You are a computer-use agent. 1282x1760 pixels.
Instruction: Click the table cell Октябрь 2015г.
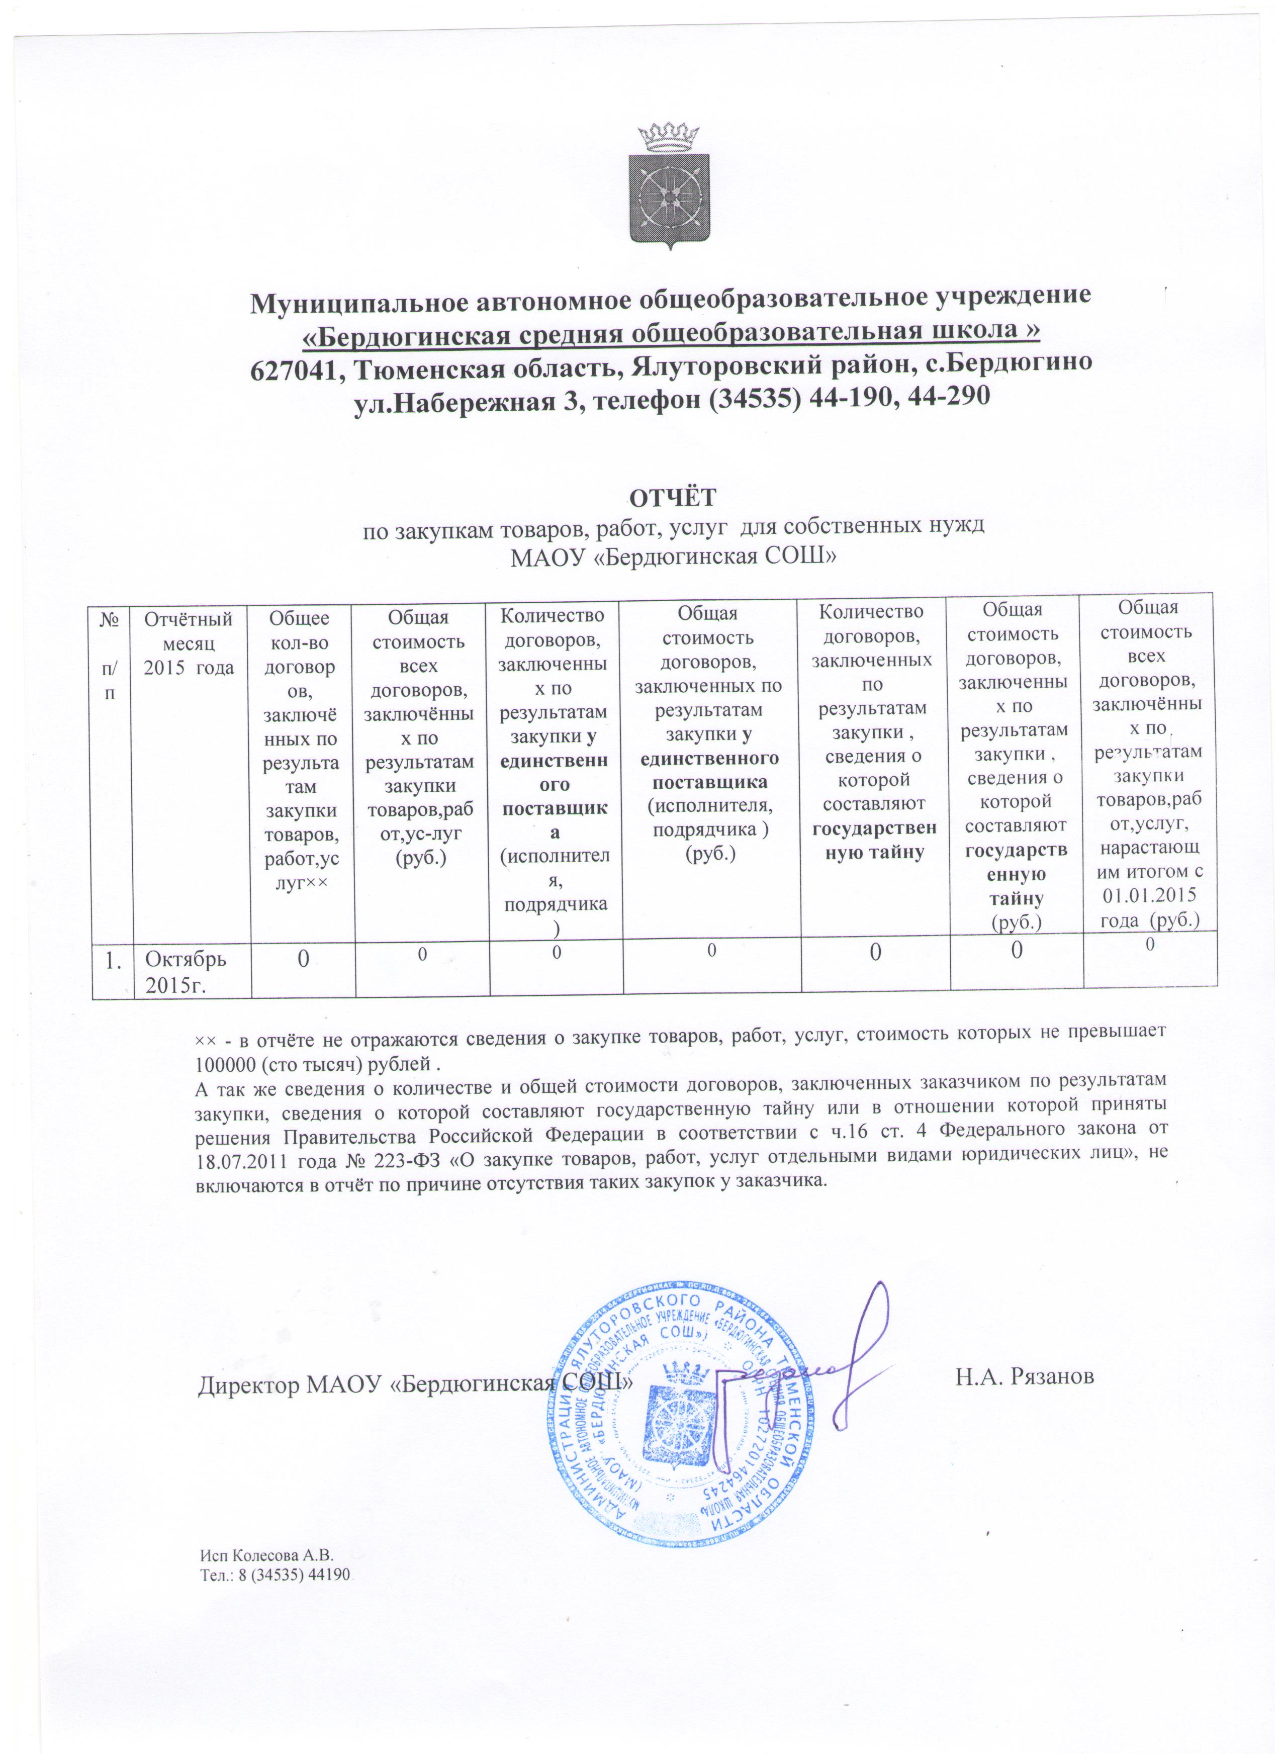point(186,969)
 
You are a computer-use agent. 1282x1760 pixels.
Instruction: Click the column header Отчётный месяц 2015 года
point(190,642)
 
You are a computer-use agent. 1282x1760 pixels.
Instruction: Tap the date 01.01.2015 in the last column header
point(1149,896)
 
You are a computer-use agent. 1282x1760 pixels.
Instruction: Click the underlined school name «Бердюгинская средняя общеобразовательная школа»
point(671,331)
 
